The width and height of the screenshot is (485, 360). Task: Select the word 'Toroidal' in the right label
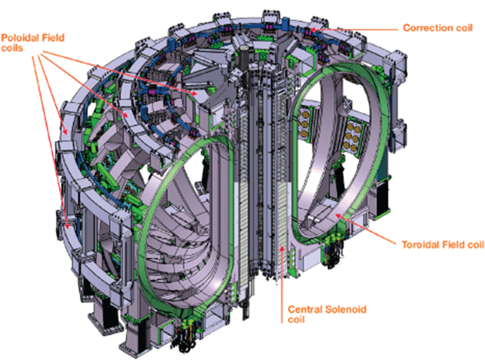click(x=420, y=245)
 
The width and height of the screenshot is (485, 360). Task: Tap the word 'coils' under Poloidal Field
click(x=12, y=48)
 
